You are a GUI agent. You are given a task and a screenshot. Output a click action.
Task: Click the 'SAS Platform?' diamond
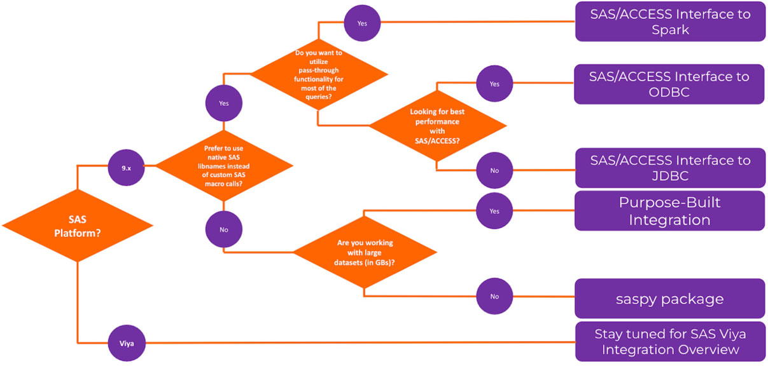click(77, 225)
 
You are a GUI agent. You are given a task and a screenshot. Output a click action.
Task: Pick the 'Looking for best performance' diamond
click(438, 125)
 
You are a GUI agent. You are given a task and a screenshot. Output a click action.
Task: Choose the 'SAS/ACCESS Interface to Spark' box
click(670, 22)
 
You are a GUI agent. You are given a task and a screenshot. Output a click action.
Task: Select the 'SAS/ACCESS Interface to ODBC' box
click(669, 84)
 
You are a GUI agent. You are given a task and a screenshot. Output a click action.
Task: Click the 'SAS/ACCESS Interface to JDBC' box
click(670, 168)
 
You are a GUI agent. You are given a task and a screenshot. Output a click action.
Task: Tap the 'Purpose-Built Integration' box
click(669, 212)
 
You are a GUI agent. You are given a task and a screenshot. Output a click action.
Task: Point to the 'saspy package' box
click(669, 299)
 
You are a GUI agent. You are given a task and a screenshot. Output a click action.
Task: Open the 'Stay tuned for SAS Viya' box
click(670, 342)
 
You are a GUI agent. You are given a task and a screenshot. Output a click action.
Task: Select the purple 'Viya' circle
click(127, 344)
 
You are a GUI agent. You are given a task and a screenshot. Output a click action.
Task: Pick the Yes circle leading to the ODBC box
click(494, 84)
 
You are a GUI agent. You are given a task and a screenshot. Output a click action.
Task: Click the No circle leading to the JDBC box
click(494, 170)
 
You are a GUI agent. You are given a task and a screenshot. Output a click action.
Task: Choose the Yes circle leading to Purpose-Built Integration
click(494, 212)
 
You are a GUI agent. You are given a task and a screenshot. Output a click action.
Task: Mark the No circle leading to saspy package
click(494, 296)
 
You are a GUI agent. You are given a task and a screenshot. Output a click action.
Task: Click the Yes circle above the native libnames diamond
click(224, 104)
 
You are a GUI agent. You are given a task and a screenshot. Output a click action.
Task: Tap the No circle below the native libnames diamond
click(224, 229)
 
